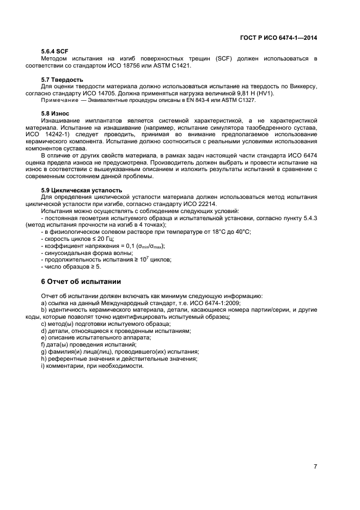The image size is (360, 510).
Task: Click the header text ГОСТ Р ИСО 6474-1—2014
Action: point(278,38)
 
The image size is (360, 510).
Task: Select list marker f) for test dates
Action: point(43,345)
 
